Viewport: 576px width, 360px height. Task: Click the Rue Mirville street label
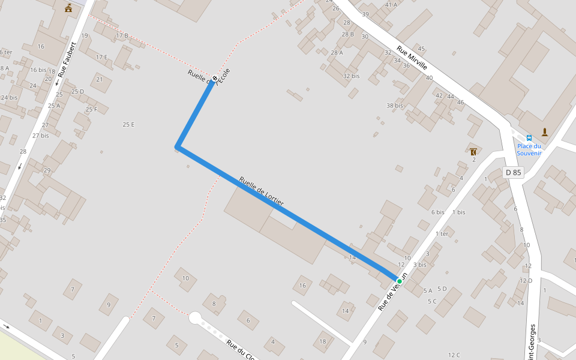click(412, 58)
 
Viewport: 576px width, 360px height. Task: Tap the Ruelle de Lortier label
click(261, 192)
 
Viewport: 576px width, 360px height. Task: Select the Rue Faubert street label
click(66, 64)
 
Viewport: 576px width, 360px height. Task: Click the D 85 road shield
click(513, 173)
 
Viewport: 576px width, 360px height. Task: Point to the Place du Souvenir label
click(529, 149)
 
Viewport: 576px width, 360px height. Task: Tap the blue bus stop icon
click(529, 137)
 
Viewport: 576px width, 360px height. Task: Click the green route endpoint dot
click(399, 280)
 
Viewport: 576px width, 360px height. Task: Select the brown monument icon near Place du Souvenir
click(545, 132)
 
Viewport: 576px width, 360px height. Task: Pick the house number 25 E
click(128, 124)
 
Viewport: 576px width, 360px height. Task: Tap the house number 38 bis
click(394, 106)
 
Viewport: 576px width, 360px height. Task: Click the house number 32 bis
click(351, 76)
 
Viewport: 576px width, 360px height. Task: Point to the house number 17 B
click(122, 36)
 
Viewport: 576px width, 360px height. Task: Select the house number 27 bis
click(41, 136)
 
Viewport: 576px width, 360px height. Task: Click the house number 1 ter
click(442, 234)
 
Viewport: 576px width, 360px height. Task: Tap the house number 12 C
click(454, 355)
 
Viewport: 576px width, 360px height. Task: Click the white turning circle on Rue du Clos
click(195, 317)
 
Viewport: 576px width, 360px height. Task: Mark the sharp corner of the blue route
click(177, 146)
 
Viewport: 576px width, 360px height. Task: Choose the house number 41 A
click(391, 5)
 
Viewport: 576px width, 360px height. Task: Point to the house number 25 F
click(91, 109)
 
